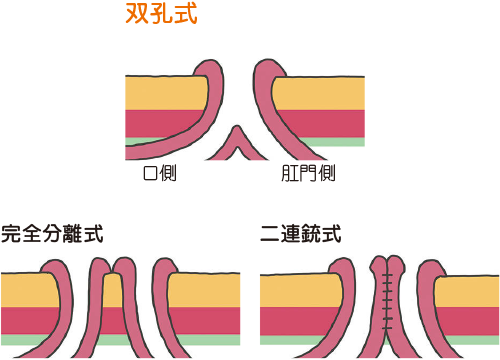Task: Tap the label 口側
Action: tap(161, 174)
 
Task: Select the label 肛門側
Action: tap(308, 174)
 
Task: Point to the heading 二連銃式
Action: tap(300, 236)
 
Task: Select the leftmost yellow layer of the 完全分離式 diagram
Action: tap(25, 290)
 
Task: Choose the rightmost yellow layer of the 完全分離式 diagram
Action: tap(205, 290)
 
